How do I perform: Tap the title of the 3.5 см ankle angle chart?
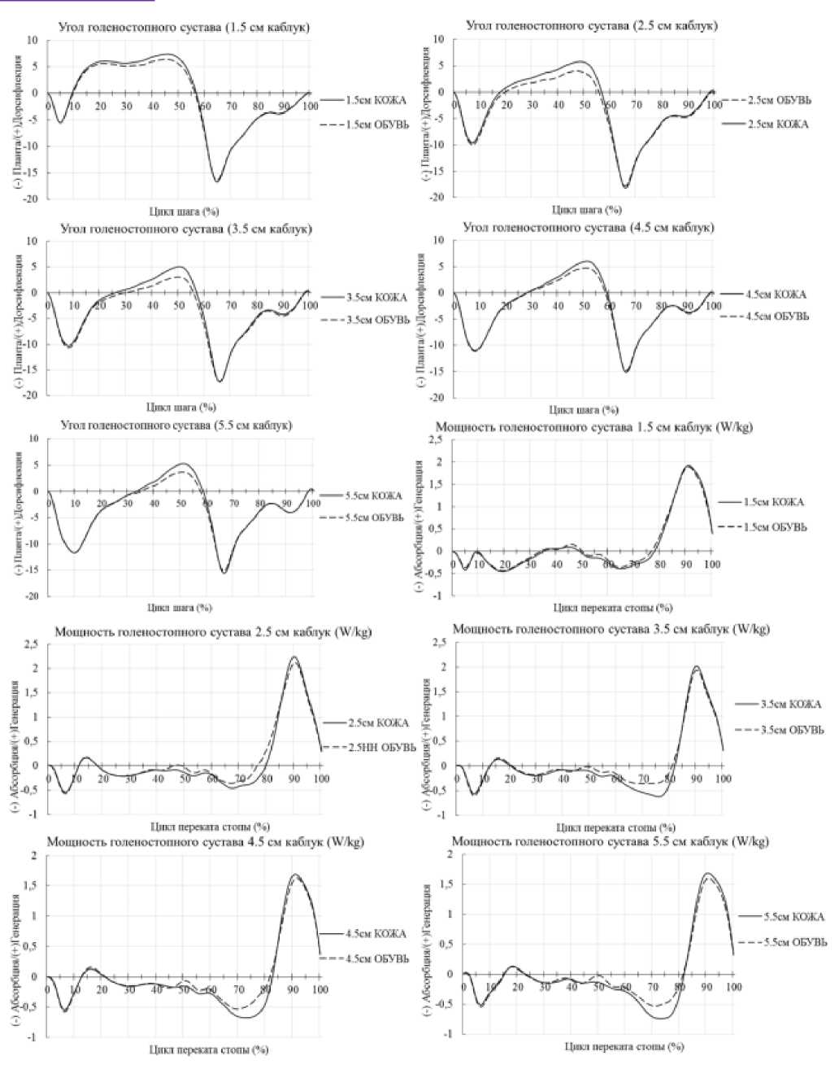tap(185, 229)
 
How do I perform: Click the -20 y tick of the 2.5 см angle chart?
tap(437, 197)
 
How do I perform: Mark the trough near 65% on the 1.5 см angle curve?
tap(217, 181)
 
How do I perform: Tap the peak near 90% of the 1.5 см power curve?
tap(687, 466)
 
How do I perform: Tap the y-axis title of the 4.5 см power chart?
tap(16, 945)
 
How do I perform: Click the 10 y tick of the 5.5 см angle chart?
tap(34, 439)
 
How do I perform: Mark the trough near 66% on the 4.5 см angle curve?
tap(625, 372)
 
